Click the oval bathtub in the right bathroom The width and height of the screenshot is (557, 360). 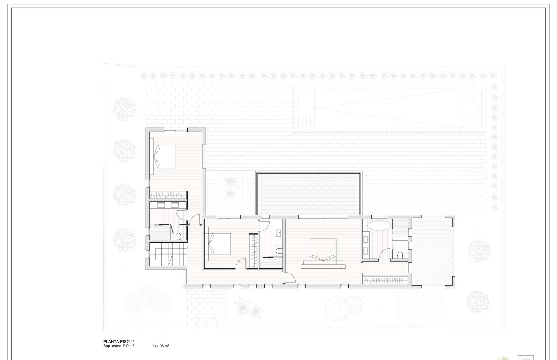tap(379, 226)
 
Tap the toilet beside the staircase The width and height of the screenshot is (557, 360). tap(178, 236)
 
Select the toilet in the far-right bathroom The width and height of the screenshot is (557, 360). tap(400, 255)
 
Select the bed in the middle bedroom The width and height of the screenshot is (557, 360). tap(218, 246)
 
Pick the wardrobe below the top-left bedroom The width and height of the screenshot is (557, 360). tap(168, 195)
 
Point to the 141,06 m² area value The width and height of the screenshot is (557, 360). tap(161, 346)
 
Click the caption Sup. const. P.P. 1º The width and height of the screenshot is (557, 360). tap(119, 346)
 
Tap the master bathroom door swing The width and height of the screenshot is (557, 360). tap(385, 254)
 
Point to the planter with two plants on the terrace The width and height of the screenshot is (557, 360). tap(231, 189)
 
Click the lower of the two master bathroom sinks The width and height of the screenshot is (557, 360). tap(366, 250)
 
